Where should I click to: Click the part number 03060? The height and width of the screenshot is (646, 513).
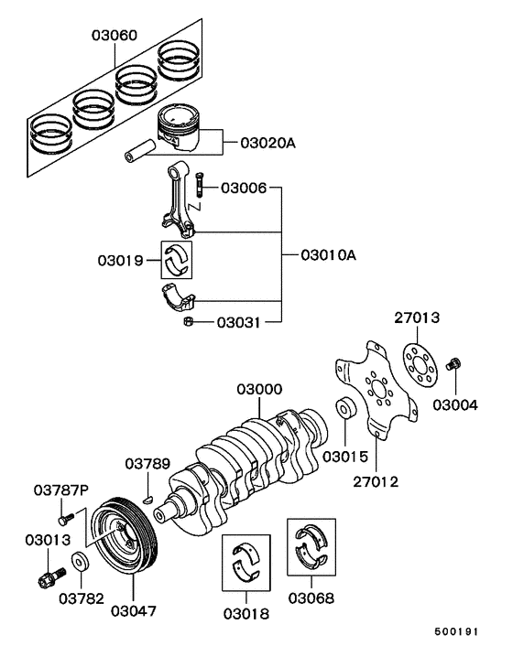tap(114, 36)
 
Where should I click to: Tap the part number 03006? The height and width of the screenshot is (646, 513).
tap(243, 188)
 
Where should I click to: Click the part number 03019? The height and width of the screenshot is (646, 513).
tap(120, 261)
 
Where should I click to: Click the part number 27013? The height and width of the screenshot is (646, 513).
tap(418, 318)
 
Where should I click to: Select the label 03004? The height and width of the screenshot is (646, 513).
tap(455, 404)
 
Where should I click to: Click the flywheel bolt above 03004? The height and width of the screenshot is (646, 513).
tap(452, 366)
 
